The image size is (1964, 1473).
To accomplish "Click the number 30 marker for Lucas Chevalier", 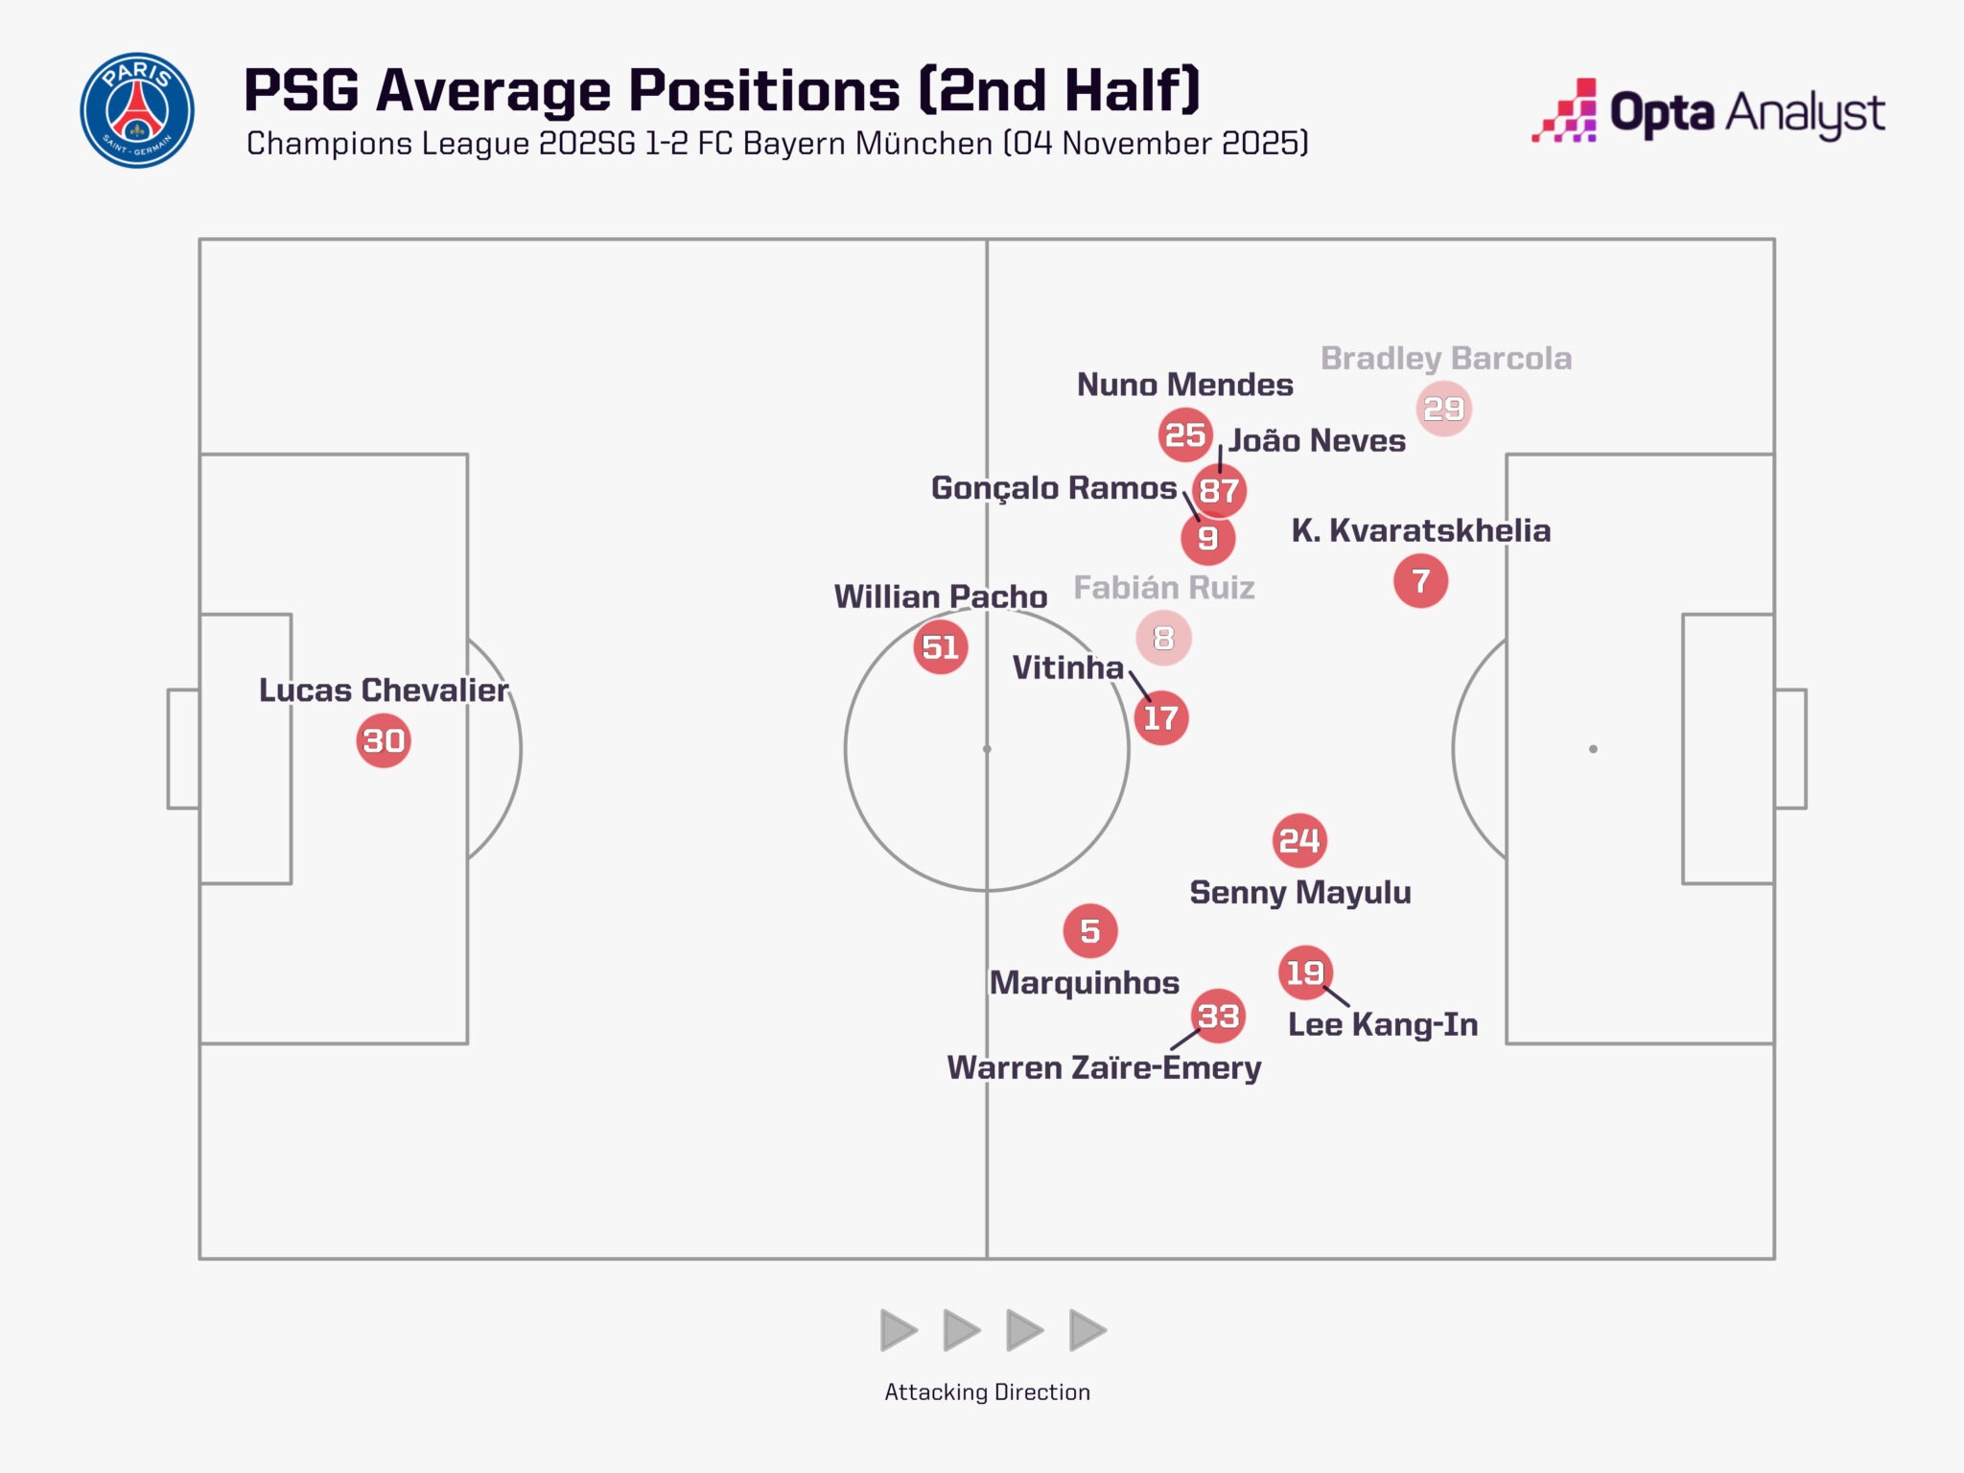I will point(384,740).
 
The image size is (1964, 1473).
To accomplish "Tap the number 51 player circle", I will point(940,647).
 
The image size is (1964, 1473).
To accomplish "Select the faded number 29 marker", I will point(1443,409).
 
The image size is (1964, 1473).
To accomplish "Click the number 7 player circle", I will point(1420,581).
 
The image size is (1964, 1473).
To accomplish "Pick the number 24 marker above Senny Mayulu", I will point(1299,841).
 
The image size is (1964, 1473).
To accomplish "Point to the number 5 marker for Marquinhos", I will point(1090,930).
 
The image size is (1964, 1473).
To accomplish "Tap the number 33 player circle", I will point(1218,1016).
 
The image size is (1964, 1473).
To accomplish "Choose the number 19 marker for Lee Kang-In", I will point(1305,972).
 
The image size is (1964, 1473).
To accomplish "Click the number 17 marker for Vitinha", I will point(1160,717).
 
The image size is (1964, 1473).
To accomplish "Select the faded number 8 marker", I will point(1163,638).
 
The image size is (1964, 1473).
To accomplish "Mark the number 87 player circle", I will point(1219,491).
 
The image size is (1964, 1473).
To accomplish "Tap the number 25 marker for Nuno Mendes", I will point(1185,434).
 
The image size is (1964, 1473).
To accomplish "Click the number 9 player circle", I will point(1207,538).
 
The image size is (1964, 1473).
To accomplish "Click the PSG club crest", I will point(137,110).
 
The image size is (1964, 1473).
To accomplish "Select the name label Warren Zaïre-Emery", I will point(1104,1067).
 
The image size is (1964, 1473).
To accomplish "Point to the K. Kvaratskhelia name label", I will point(1420,530).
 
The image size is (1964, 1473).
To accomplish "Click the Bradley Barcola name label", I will point(1446,359).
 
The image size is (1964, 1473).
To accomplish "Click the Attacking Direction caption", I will point(987,1391).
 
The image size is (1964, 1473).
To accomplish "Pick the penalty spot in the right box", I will point(1593,749).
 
